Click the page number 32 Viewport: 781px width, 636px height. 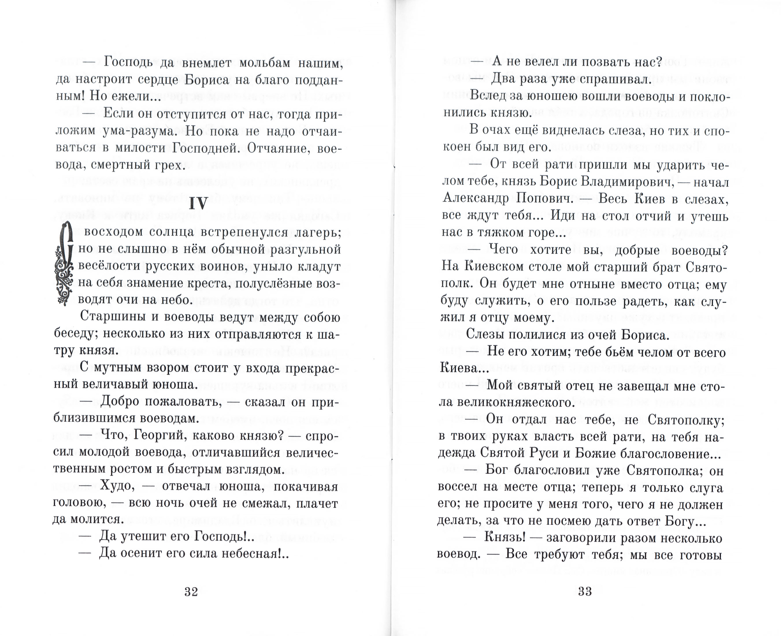(191, 591)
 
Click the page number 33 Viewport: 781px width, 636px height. (585, 591)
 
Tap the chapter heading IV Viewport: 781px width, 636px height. (198, 203)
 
